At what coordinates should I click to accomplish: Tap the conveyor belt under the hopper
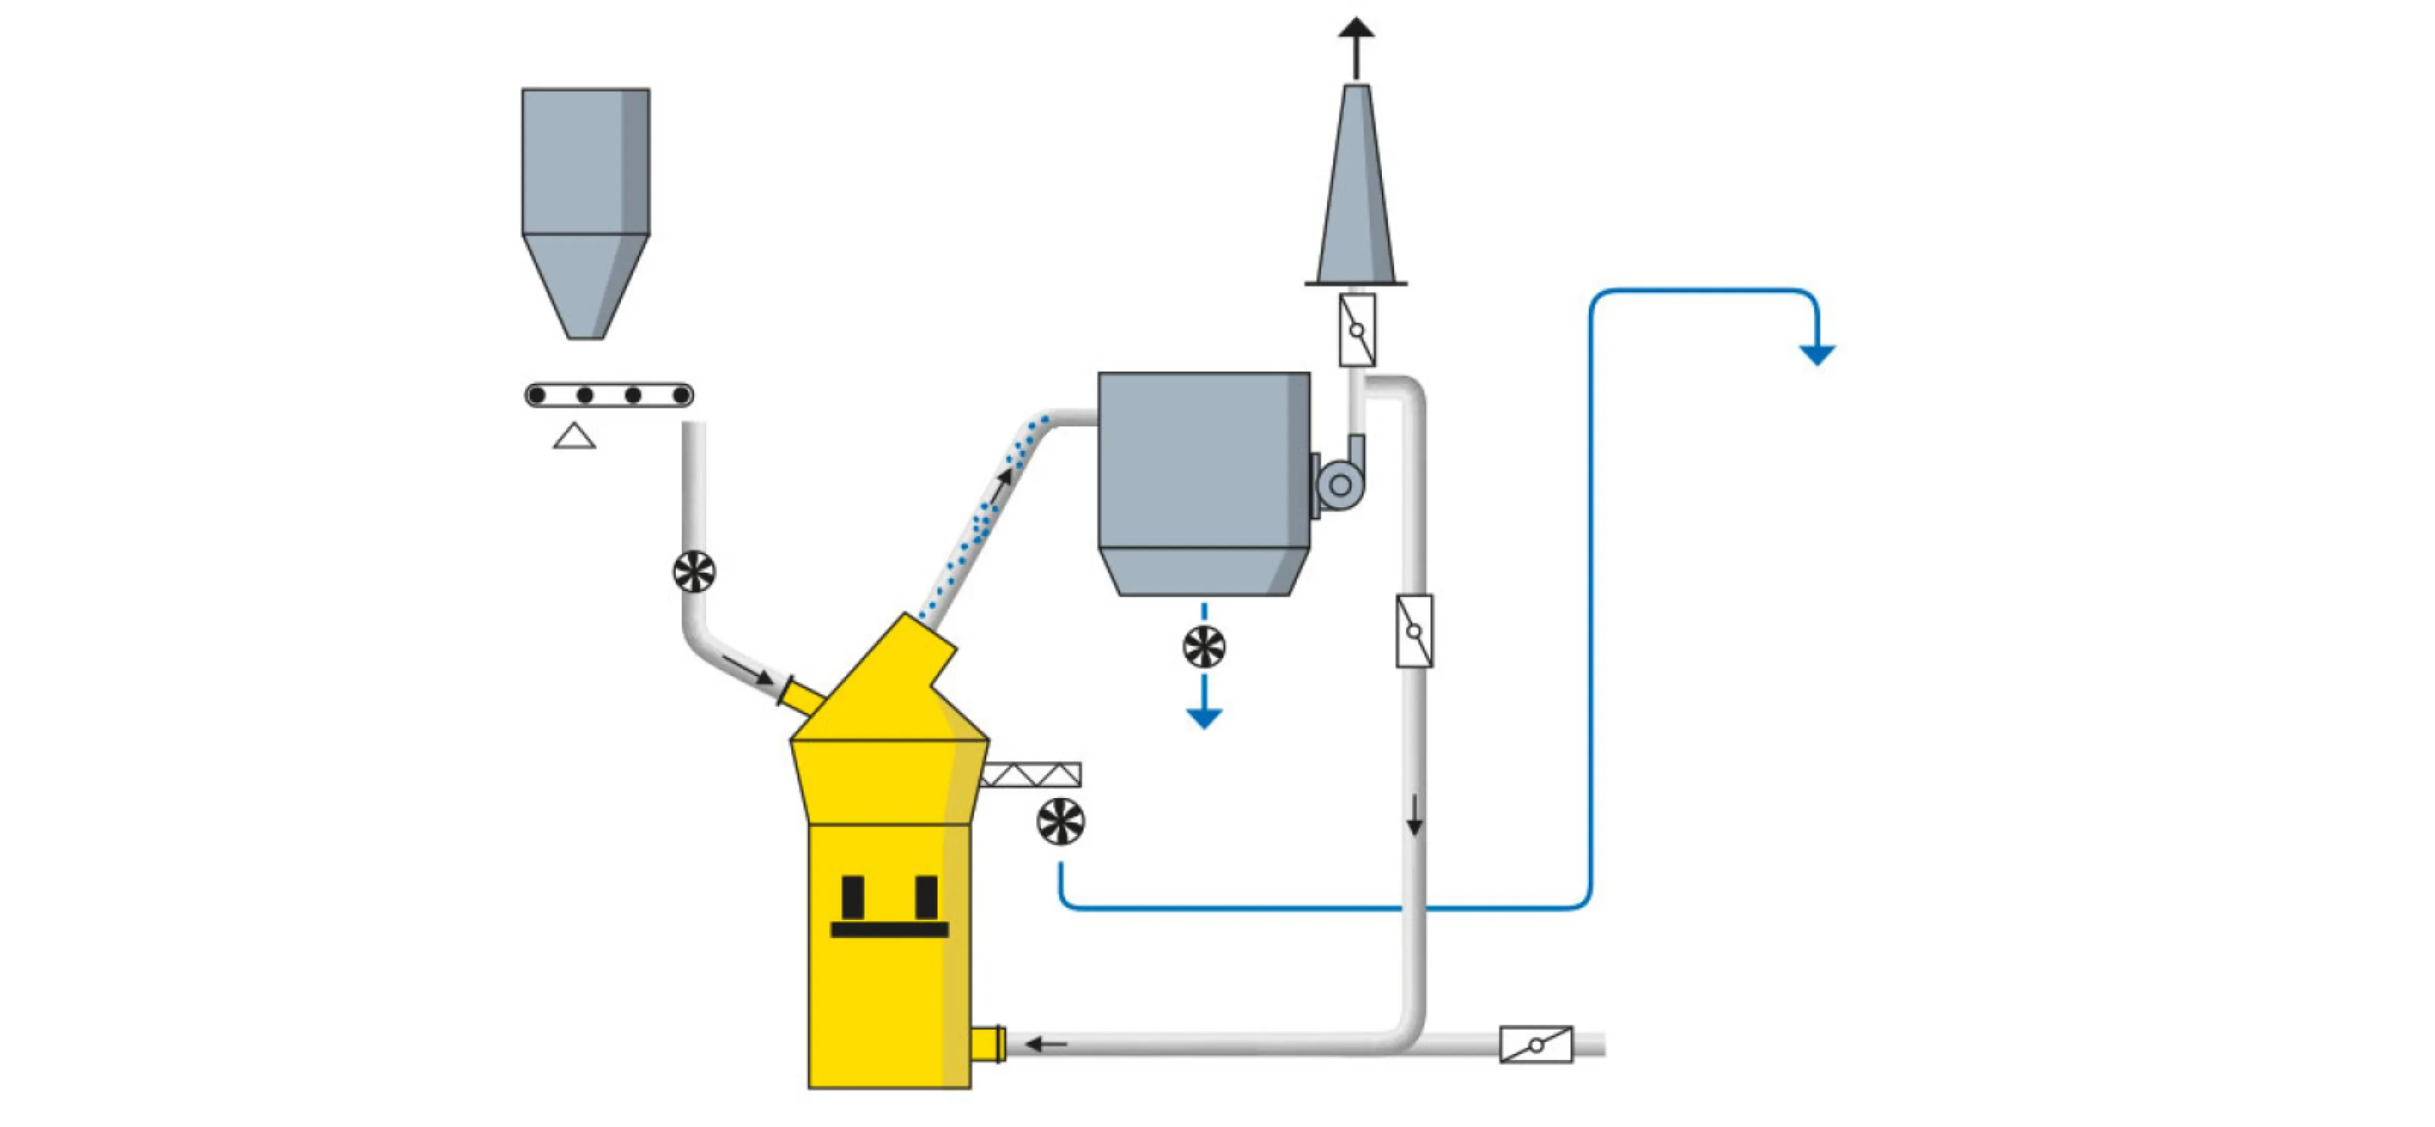pyautogui.click(x=609, y=395)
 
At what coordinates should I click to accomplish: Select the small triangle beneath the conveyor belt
pyautogui.click(x=574, y=437)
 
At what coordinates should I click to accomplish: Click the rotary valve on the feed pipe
pyautogui.click(x=694, y=572)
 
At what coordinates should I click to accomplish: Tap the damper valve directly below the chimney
pyautogui.click(x=1357, y=330)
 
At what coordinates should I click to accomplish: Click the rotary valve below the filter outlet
pyautogui.click(x=1203, y=647)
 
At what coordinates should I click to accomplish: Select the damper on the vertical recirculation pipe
pyautogui.click(x=1414, y=630)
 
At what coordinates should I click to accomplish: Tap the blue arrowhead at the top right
pyautogui.click(x=1816, y=354)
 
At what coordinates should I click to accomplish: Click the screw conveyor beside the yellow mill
pyautogui.click(x=1031, y=776)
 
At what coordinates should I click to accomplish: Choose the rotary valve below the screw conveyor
pyautogui.click(x=1061, y=821)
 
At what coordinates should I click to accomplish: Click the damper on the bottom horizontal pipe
pyautogui.click(x=1536, y=1045)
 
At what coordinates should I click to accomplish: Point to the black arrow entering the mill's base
pyautogui.click(x=1046, y=1044)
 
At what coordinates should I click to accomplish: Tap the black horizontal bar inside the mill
pyautogui.click(x=888, y=929)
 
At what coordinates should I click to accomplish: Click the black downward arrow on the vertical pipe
pyautogui.click(x=1414, y=817)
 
